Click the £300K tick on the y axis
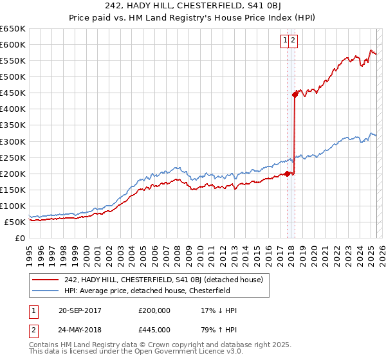pos(12,141)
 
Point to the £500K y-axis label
pos(12,76)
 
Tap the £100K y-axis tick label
pos(12,206)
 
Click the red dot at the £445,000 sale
pos(295,94)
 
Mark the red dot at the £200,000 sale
pos(288,174)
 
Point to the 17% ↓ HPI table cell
pos(219,310)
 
